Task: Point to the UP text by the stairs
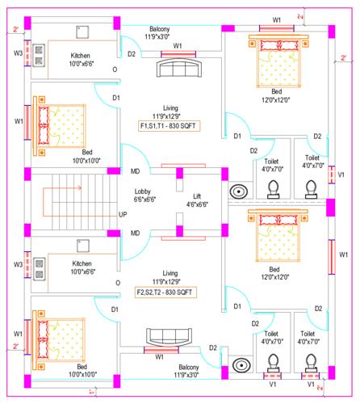[123, 215]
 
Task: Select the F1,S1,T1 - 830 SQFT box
[170, 126]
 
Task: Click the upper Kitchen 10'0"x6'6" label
[84, 60]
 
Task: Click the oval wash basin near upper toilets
[239, 192]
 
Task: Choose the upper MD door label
[135, 171]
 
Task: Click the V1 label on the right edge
[341, 175]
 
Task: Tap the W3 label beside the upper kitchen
[18, 55]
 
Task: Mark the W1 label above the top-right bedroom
[276, 19]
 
